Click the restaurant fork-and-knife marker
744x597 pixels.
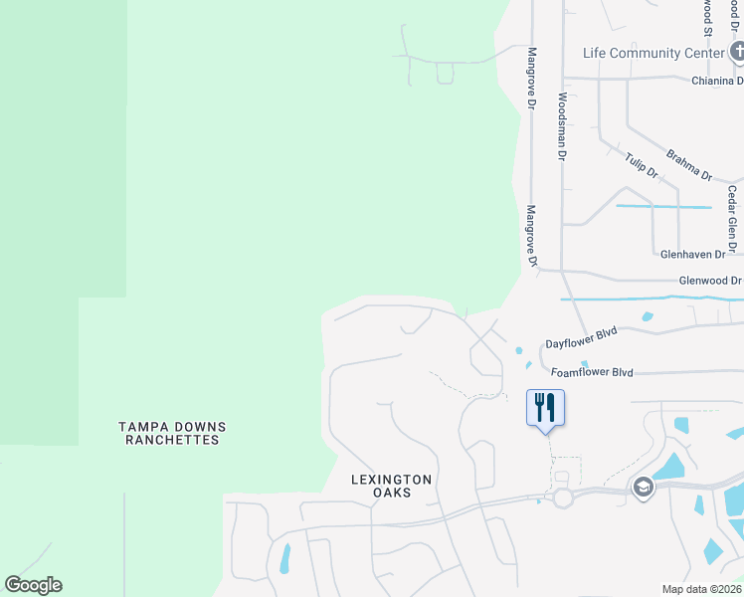[x=545, y=408]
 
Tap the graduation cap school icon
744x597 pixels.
[x=643, y=487]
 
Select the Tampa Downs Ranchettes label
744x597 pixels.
[x=172, y=433]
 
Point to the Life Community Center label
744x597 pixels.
[x=652, y=53]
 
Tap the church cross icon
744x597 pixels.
[x=737, y=51]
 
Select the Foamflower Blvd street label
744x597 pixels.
[x=592, y=373]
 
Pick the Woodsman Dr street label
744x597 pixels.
[x=562, y=126]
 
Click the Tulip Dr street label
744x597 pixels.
[x=642, y=166]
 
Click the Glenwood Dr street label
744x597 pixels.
[x=709, y=282]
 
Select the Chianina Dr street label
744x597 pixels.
[x=718, y=81]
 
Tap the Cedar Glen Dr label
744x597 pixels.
[x=732, y=219]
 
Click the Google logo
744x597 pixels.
[x=33, y=585]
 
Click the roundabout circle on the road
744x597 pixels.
[x=563, y=498]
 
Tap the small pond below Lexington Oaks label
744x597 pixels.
[x=285, y=559]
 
